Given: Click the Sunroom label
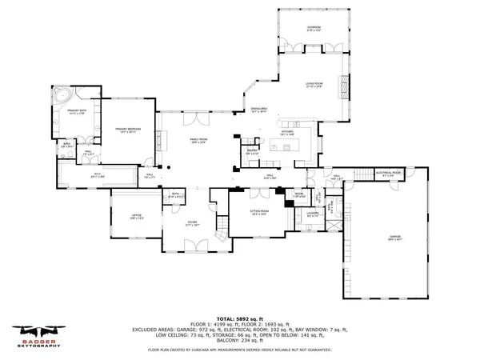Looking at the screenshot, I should tap(314, 28).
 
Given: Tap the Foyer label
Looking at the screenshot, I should tap(192, 223).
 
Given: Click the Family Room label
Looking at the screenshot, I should tap(199, 141).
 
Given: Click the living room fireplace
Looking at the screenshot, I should tap(346, 82).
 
